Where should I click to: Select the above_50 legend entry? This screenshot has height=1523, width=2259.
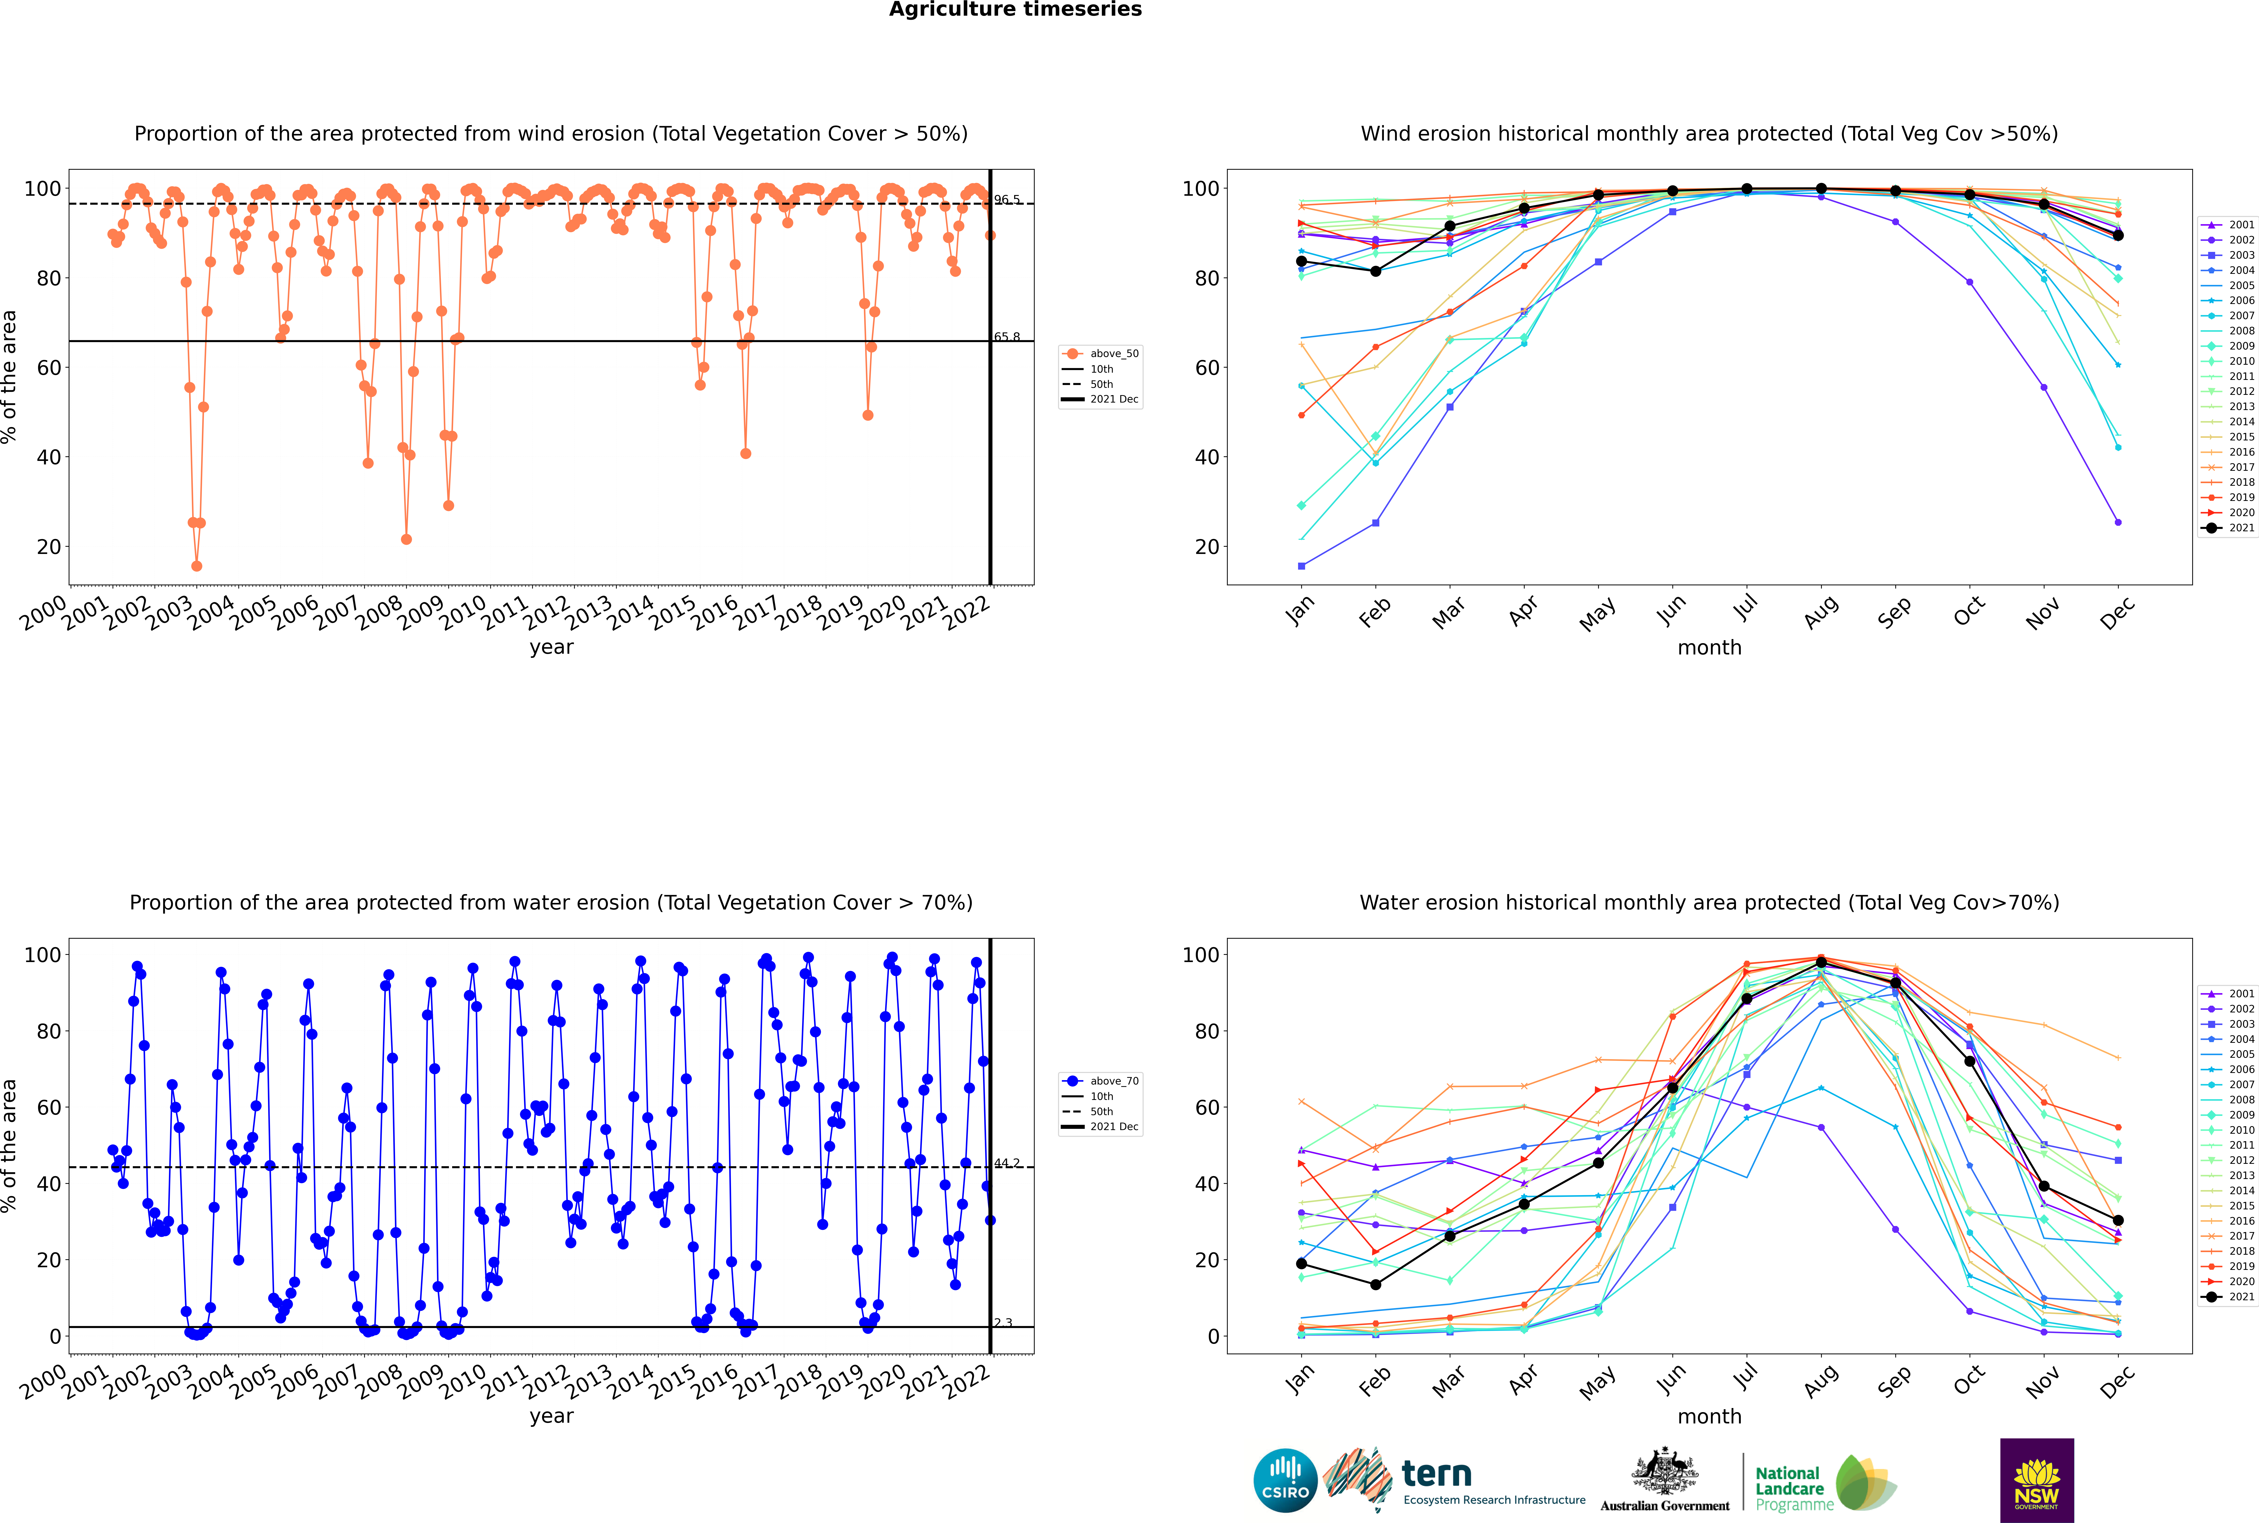tap(1100, 354)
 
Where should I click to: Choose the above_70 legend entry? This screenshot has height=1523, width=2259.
tap(1100, 1081)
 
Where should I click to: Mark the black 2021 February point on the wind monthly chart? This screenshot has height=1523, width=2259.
tap(1375, 271)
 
